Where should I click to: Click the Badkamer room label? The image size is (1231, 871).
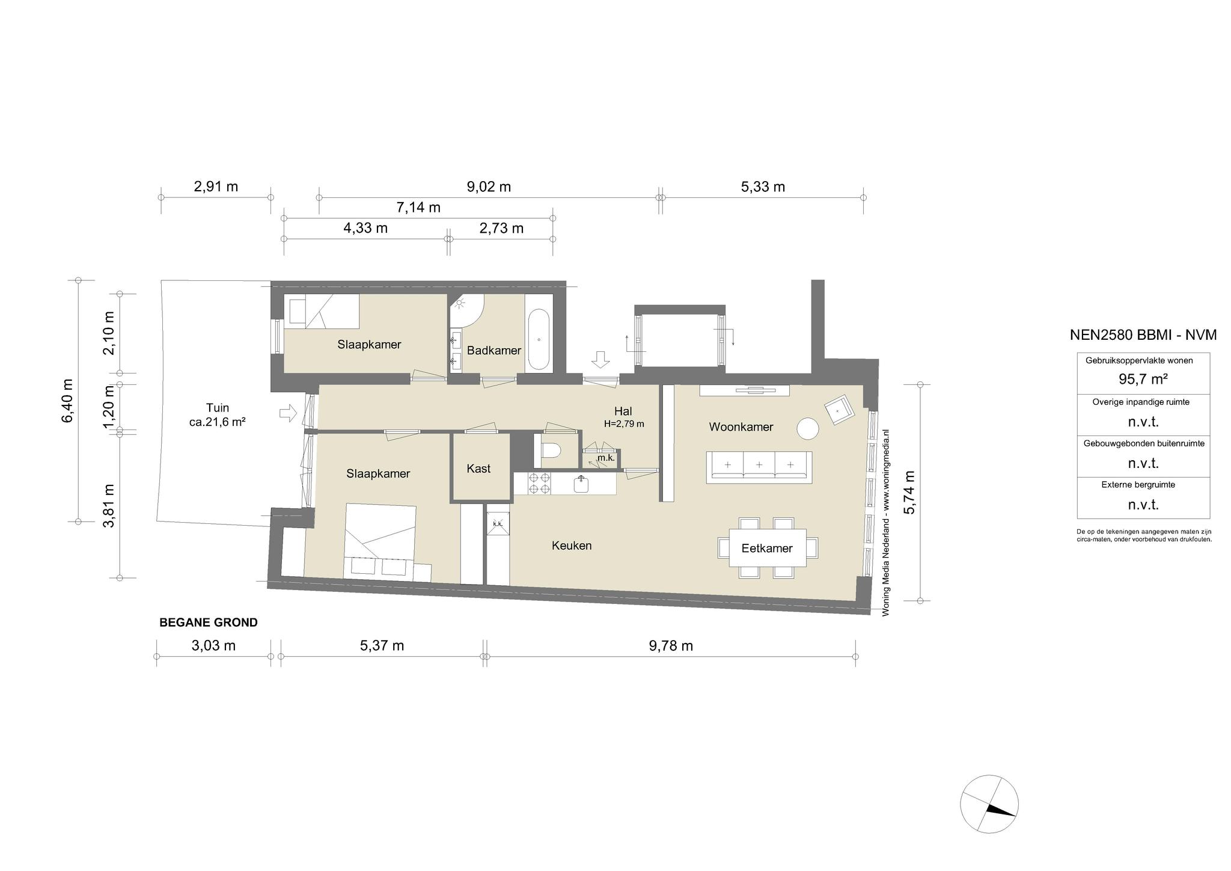point(493,350)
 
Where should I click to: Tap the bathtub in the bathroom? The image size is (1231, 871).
point(539,340)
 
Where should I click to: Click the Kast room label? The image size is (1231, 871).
point(478,468)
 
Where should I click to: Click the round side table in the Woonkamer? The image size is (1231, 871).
point(808,429)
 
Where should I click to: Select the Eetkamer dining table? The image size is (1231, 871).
point(768,547)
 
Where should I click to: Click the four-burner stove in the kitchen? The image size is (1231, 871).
point(539,484)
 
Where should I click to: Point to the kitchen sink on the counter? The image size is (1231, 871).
point(581,484)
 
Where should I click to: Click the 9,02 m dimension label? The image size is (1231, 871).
point(489,186)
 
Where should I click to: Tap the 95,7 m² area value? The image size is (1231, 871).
point(1143,380)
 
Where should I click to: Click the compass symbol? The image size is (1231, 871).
point(989,804)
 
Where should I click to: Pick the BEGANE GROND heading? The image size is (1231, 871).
point(209,623)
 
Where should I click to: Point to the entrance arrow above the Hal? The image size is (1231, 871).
point(600,360)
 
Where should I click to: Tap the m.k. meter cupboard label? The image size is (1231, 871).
point(605,458)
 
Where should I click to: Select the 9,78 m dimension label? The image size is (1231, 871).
point(671,646)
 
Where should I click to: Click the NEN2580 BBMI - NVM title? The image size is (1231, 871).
point(1143,335)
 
